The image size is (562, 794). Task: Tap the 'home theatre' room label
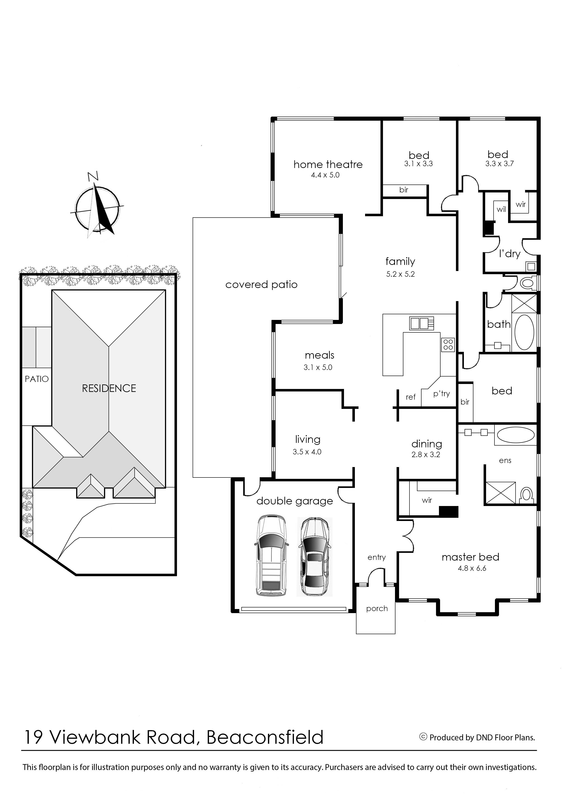click(328, 164)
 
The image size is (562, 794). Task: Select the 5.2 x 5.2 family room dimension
click(400, 274)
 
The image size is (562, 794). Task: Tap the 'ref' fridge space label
click(411, 397)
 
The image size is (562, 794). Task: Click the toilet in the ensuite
click(526, 495)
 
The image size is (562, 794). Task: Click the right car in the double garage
click(314, 557)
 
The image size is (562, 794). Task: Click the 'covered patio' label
click(261, 284)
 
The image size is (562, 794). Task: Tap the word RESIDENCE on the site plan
click(109, 388)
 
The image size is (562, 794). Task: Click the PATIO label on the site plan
click(37, 379)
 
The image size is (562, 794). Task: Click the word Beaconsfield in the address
click(265, 737)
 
